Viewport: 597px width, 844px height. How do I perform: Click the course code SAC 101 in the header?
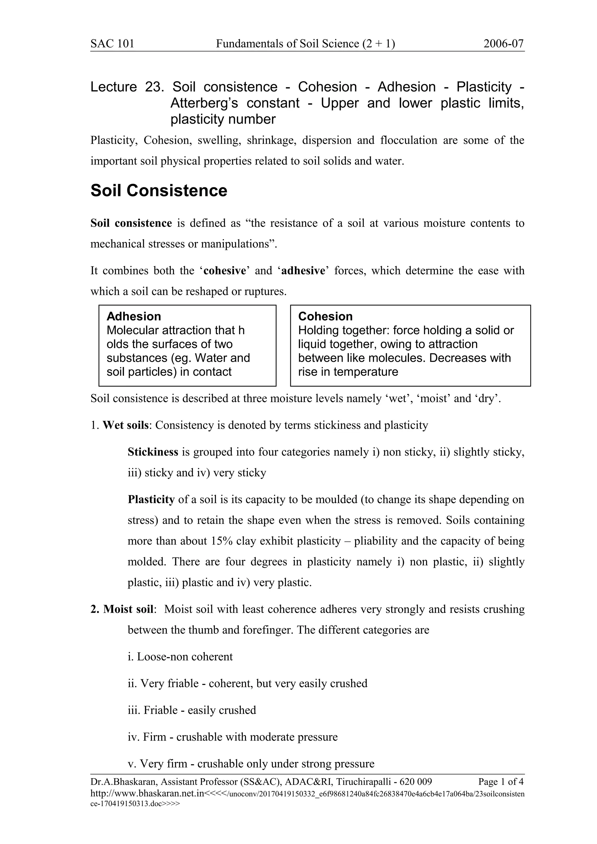112,44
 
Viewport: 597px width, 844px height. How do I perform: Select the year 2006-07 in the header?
503,44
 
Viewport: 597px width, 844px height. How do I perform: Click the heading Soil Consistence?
159,191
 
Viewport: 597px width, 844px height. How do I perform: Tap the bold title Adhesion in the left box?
134,317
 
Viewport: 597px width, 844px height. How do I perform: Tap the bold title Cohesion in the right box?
325,317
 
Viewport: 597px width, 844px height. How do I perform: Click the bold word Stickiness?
153,452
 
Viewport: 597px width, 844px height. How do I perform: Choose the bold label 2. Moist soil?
122,610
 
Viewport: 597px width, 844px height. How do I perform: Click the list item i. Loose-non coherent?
180,657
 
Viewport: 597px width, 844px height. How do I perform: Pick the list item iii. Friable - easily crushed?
192,710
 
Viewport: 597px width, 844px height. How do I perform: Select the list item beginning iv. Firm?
232,737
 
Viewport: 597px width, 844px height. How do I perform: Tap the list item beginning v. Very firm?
251,764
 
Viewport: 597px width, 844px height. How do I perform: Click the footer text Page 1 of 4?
501,781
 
